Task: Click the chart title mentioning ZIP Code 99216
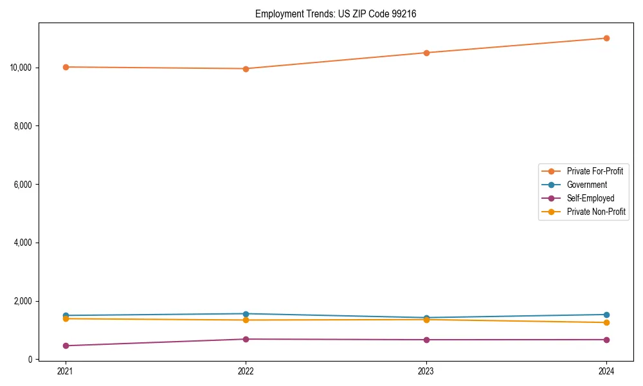335,14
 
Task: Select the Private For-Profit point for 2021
66,67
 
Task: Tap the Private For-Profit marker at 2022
246,69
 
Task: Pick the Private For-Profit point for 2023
426,53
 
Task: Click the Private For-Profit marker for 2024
606,38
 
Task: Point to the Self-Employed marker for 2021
66,345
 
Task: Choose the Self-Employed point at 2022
246,339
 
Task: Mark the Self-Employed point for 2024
606,340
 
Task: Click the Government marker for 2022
246,314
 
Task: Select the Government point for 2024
606,315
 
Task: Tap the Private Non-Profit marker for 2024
606,322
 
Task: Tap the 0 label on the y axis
30,360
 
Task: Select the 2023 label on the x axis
426,371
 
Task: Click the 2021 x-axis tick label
66,371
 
